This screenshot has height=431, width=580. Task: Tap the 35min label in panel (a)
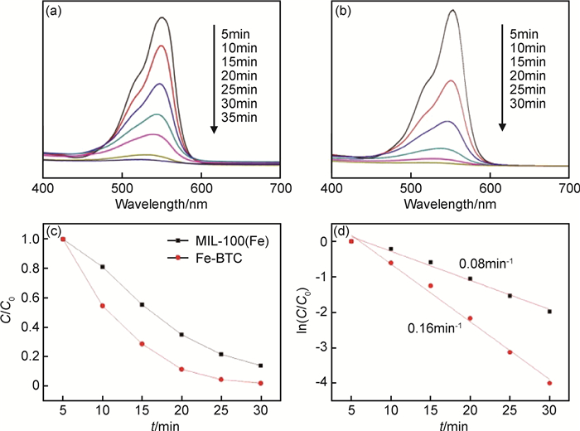240,117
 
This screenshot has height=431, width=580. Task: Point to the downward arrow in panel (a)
214,79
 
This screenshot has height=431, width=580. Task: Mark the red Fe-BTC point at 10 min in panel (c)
103,306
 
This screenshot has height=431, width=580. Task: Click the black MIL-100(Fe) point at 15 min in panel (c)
142,305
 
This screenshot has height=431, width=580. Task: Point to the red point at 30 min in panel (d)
549,383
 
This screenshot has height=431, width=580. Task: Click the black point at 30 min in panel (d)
549,312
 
